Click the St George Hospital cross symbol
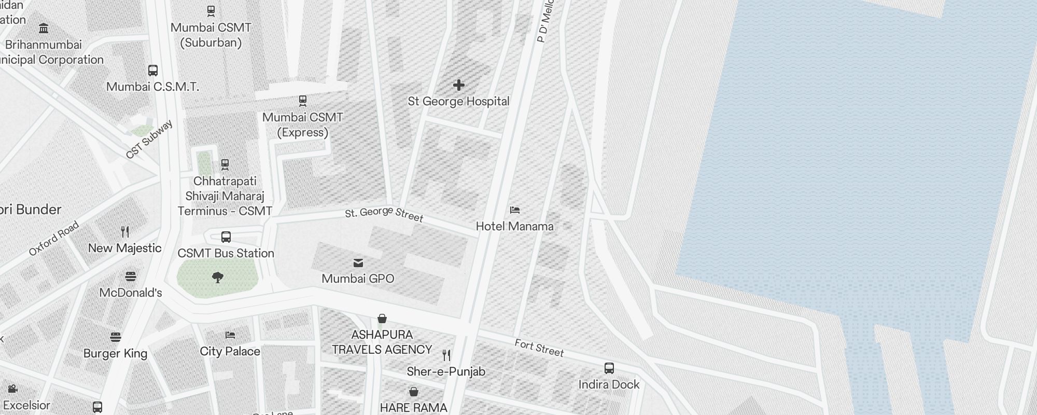point(459,85)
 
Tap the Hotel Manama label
point(514,226)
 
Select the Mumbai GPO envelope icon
point(358,263)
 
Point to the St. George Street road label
point(384,214)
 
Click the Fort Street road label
point(539,348)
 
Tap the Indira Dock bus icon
point(609,368)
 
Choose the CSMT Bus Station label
point(226,253)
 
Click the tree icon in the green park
point(218,278)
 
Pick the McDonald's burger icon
point(131,276)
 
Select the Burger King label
point(115,353)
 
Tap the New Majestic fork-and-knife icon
point(125,231)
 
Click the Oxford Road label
point(54,238)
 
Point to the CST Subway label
point(149,140)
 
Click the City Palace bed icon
point(230,335)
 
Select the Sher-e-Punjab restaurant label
point(446,371)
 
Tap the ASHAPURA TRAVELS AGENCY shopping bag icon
point(382,319)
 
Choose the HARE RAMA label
point(413,408)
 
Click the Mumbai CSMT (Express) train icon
point(303,100)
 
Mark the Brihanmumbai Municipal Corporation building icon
point(44,28)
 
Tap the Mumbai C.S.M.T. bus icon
point(153,71)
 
